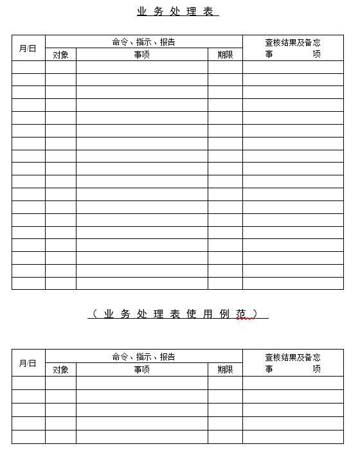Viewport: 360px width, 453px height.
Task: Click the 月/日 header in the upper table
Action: click(x=28, y=48)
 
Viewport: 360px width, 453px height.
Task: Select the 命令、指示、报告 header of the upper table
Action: click(x=143, y=42)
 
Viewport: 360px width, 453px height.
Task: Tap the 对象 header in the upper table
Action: click(x=60, y=55)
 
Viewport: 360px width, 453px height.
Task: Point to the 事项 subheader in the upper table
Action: click(x=141, y=55)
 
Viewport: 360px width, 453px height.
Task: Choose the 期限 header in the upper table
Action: click(x=225, y=55)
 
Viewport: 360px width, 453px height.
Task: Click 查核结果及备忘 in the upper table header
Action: click(x=292, y=42)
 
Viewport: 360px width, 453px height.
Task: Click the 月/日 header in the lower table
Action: click(x=28, y=363)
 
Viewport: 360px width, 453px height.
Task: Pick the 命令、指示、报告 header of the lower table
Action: click(x=143, y=357)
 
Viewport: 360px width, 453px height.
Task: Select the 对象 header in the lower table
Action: click(x=60, y=369)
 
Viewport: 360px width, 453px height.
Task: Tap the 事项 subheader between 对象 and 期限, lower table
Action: click(x=141, y=369)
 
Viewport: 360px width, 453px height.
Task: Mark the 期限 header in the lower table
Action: click(x=225, y=369)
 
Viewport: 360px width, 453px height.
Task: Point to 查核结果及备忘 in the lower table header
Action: click(x=292, y=357)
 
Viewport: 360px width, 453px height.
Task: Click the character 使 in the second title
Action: click(x=191, y=314)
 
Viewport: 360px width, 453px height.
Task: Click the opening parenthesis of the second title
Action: click(x=94, y=314)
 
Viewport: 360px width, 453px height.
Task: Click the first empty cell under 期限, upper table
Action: click(x=225, y=67)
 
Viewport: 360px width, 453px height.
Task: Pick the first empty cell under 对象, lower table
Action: click(x=60, y=382)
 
